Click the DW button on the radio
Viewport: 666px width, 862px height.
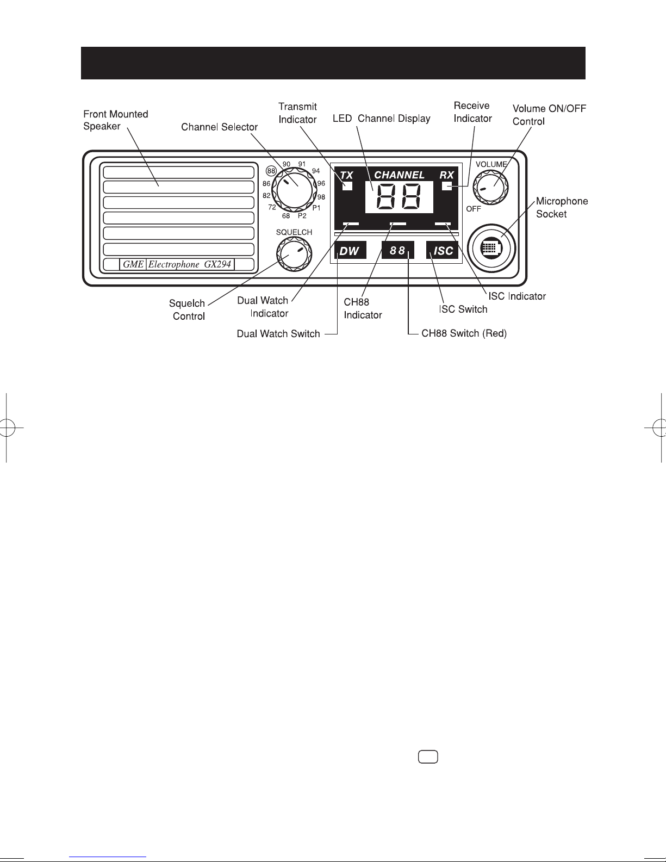point(350,250)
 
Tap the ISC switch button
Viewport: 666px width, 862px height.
point(442,250)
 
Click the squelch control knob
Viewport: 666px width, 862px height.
point(294,254)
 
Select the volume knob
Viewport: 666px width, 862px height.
point(491,187)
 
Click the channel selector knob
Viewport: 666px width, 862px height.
point(294,190)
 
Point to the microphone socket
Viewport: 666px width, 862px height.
point(491,249)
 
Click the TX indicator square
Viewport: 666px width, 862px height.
point(347,185)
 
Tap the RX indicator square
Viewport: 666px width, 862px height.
point(447,185)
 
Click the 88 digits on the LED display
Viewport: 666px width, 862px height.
point(399,197)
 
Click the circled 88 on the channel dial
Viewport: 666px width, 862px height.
point(271,171)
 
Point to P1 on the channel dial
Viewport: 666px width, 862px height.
point(316,208)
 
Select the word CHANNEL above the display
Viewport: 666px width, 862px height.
point(399,175)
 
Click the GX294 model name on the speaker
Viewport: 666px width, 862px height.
point(217,264)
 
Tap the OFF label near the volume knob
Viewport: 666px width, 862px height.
point(474,209)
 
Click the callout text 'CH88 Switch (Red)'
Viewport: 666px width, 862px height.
point(464,333)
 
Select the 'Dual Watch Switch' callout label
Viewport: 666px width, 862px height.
point(278,333)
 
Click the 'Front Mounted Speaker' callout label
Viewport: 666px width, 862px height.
point(115,120)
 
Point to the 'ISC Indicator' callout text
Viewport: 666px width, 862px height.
point(517,296)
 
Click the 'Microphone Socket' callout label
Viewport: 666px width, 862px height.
point(562,207)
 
